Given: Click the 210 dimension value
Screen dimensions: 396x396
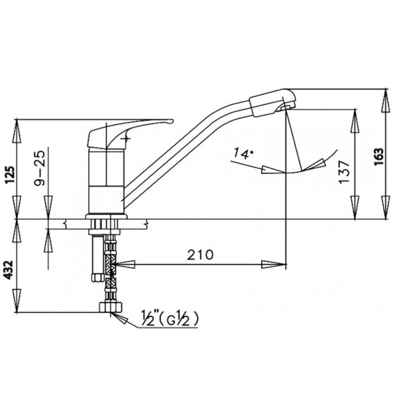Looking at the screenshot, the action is coord(200,255).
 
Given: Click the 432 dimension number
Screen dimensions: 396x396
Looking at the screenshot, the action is coord(9,270).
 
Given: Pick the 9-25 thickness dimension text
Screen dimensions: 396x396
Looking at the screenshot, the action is coord(39,169).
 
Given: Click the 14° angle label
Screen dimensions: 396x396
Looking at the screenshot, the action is coord(243,153).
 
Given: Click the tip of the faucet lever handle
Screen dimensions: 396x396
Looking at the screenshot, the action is coord(172,121).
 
